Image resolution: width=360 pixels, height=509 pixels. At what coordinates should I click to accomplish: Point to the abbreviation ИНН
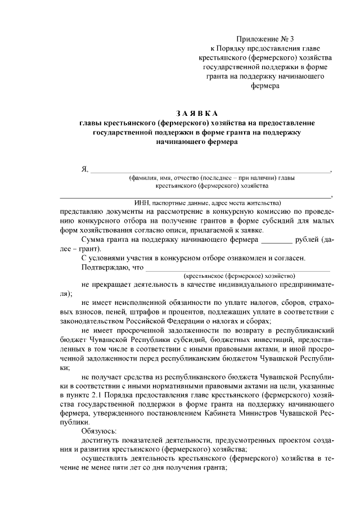click(x=141, y=202)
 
